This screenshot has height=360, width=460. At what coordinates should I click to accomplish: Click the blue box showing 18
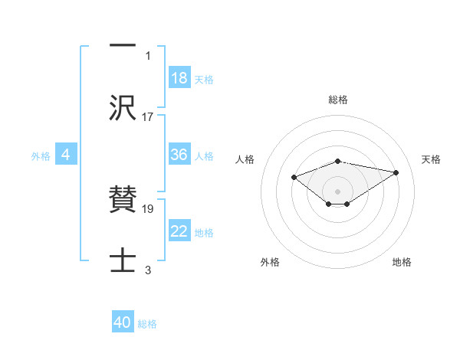pyautogui.click(x=179, y=78)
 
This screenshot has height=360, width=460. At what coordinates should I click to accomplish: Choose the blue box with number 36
pyautogui.click(x=179, y=155)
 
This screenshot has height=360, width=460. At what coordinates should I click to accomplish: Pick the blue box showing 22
pyautogui.click(x=179, y=231)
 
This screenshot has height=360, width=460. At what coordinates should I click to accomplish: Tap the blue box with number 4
pyautogui.click(x=66, y=155)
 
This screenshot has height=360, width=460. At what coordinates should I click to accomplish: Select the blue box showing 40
pyautogui.click(x=123, y=322)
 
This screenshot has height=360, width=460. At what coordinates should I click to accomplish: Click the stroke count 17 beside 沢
pyautogui.click(x=148, y=117)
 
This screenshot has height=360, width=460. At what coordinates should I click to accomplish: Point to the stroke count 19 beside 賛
pyautogui.click(x=148, y=208)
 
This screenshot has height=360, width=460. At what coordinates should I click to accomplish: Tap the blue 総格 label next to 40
pyautogui.click(x=147, y=324)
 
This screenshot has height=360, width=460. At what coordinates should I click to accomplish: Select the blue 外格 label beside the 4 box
pyautogui.click(x=41, y=156)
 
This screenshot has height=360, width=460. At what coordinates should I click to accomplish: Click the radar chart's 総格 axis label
pyautogui.click(x=338, y=100)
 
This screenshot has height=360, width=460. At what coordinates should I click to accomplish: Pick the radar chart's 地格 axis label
pyautogui.click(x=402, y=262)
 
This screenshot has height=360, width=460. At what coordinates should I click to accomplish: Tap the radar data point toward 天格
pyautogui.click(x=396, y=172)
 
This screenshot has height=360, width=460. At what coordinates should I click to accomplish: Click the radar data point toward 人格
pyautogui.click(x=294, y=177)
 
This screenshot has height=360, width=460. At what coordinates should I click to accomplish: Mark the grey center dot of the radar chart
pyautogui.click(x=338, y=191)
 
